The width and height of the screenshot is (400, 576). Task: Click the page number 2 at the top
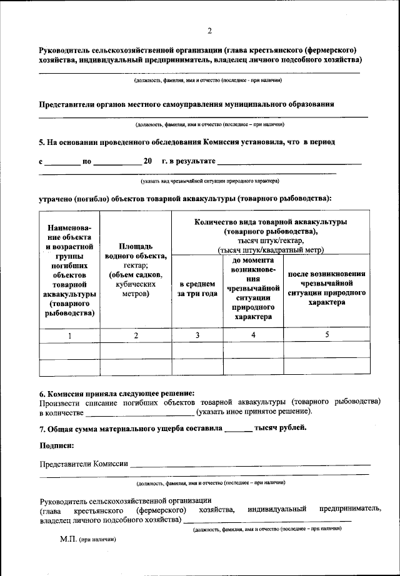[x=209, y=31]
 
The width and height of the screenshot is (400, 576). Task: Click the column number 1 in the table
[x=69, y=335]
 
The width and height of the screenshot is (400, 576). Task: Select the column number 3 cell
[x=197, y=335]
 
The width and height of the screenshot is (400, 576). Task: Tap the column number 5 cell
[x=326, y=335]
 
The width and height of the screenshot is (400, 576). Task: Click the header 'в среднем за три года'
[x=197, y=289]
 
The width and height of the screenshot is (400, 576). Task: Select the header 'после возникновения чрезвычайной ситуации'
[x=326, y=288]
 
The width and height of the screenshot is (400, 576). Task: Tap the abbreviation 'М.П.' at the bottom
[x=68, y=538]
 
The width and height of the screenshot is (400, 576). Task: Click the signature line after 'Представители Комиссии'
[x=249, y=465]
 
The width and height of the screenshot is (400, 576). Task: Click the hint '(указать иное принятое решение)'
[x=254, y=412]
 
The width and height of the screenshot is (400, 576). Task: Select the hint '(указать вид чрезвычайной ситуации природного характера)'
[x=209, y=181]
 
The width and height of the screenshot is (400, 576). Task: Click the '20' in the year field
[x=148, y=161]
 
